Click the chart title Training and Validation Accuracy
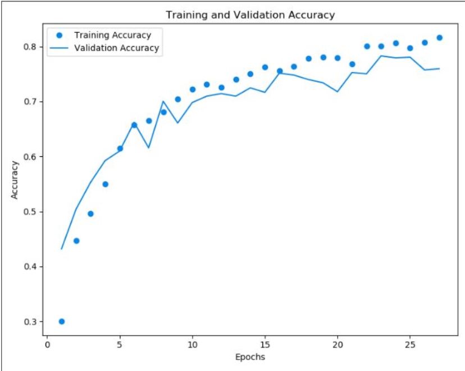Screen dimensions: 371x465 [250, 15]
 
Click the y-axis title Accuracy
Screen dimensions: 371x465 [16, 180]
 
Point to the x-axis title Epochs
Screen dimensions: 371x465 [250, 356]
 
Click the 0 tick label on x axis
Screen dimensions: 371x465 [47, 343]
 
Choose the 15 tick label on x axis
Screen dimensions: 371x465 [265, 343]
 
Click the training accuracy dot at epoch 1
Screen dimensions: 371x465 [62, 322]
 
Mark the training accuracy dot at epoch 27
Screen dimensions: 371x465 [439, 38]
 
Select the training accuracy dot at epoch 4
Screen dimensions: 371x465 [105, 184]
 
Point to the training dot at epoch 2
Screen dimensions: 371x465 [76, 241]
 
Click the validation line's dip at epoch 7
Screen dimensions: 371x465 [149, 147]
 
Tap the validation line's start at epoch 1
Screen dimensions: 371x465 [62, 248]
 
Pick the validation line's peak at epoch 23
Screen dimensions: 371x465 [381, 56]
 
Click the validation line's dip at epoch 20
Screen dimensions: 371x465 [338, 91]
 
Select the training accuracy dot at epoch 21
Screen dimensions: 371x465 [352, 64]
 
